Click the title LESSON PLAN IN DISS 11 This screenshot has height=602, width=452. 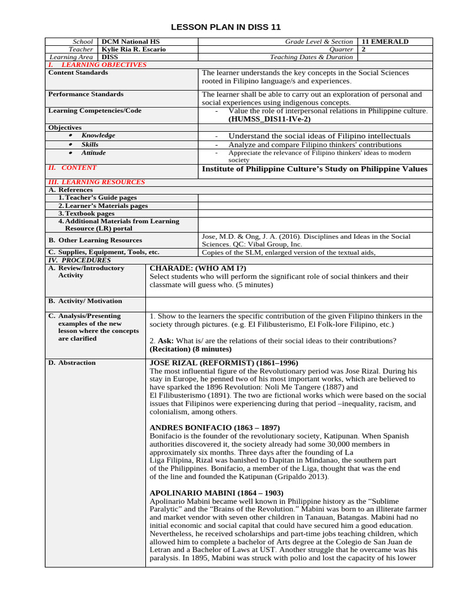226,27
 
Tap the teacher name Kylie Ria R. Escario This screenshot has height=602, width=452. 134,49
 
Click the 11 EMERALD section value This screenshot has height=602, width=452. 385,42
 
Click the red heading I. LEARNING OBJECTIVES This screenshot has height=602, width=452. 97,65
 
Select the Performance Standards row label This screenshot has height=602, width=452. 86,94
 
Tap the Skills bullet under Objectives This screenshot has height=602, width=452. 90,144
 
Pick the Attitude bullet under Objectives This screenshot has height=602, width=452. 94,152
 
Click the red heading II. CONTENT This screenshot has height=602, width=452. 72,168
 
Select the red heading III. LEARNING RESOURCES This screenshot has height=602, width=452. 96,182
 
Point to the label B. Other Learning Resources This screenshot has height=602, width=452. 95,240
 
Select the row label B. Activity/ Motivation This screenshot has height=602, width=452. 85,301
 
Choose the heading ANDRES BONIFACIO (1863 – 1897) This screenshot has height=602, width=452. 215,427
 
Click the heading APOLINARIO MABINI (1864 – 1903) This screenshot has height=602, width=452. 217,493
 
